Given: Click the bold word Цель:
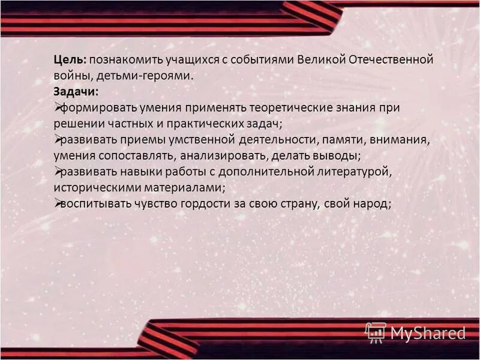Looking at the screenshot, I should (x=70, y=61).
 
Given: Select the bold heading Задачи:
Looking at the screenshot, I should (x=76, y=92).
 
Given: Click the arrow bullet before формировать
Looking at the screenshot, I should (x=58, y=107).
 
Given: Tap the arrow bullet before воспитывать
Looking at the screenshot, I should (x=58, y=203).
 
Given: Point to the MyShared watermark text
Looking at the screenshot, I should (x=428, y=332).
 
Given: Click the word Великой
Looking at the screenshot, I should (x=320, y=61).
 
